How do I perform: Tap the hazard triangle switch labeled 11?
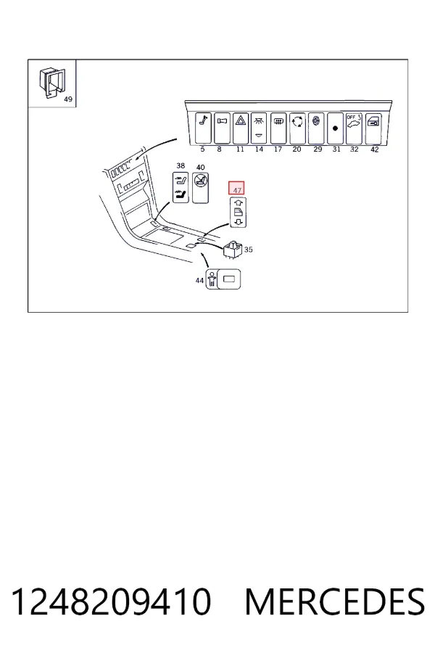tap(241, 128)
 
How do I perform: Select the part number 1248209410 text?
tap(111, 601)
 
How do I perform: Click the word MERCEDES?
tap(335, 601)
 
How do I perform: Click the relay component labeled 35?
tap(233, 249)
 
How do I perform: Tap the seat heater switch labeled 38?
tap(181, 187)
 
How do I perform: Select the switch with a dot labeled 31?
tap(335, 128)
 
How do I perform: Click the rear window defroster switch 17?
tap(278, 128)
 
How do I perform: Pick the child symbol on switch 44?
tap(212, 279)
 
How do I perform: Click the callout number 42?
tap(374, 149)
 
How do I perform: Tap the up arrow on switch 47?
tap(238, 203)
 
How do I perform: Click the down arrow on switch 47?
tap(238, 222)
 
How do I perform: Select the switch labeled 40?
tap(200, 187)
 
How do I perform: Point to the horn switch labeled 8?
tap(223, 128)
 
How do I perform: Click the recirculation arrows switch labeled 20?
tap(297, 128)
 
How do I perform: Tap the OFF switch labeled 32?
tap(354, 128)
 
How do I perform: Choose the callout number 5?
tap(203, 149)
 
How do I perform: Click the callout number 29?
tap(318, 149)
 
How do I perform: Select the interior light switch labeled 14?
tap(259, 128)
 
